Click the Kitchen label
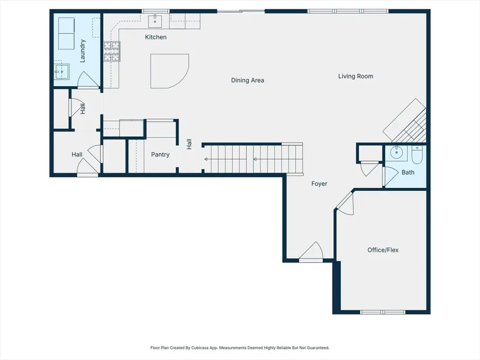(156, 37)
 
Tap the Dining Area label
(248, 80)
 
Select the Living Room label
(355, 76)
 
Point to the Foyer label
(319, 184)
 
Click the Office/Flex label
(383, 250)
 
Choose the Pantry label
(160, 155)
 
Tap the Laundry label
(83, 51)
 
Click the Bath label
(408, 172)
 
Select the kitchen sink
(155, 21)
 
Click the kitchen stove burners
(112, 51)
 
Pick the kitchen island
(169, 71)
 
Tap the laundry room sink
(62, 72)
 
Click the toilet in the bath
(417, 155)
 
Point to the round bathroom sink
(396, 152)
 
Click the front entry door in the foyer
(311, 251)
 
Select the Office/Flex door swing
(345, 204)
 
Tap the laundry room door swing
(88, 80)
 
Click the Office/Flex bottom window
(383, 312)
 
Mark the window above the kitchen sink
(155, 11)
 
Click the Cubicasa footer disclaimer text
(240, 348)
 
